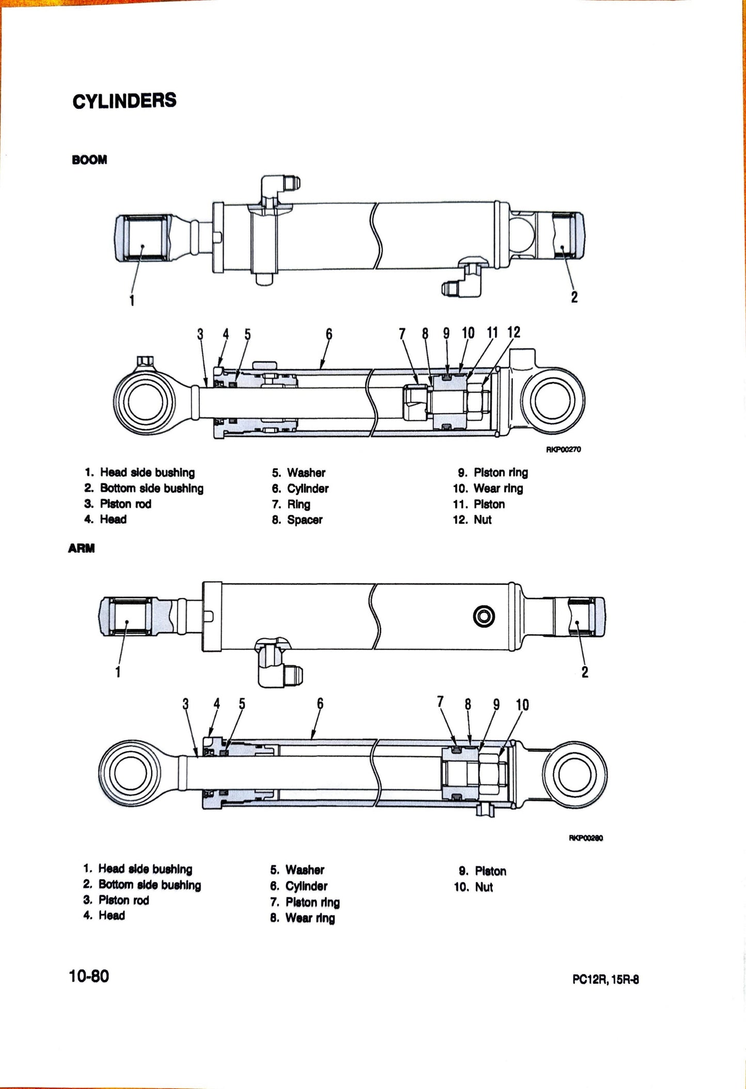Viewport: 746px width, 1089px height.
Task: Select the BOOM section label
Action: [89, 160]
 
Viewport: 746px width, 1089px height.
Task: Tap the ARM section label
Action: [81, 548]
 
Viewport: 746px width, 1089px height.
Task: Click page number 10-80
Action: [89, 976]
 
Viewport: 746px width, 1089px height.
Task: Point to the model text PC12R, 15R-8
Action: [605, 980]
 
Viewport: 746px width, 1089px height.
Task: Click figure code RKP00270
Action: [564, 449]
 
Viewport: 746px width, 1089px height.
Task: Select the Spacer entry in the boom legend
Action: [304, 520]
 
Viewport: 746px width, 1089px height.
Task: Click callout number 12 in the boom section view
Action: [514, 333]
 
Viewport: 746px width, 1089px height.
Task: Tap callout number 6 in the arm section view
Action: [320, 703]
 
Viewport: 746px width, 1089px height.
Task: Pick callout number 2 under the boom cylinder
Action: [574, 297]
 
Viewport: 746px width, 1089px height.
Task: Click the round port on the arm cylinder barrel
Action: [484, 616]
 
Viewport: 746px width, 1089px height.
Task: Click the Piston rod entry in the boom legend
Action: [125, 504]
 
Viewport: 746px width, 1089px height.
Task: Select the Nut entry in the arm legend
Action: [484, 887]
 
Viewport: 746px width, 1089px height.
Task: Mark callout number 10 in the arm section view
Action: [522, 705]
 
